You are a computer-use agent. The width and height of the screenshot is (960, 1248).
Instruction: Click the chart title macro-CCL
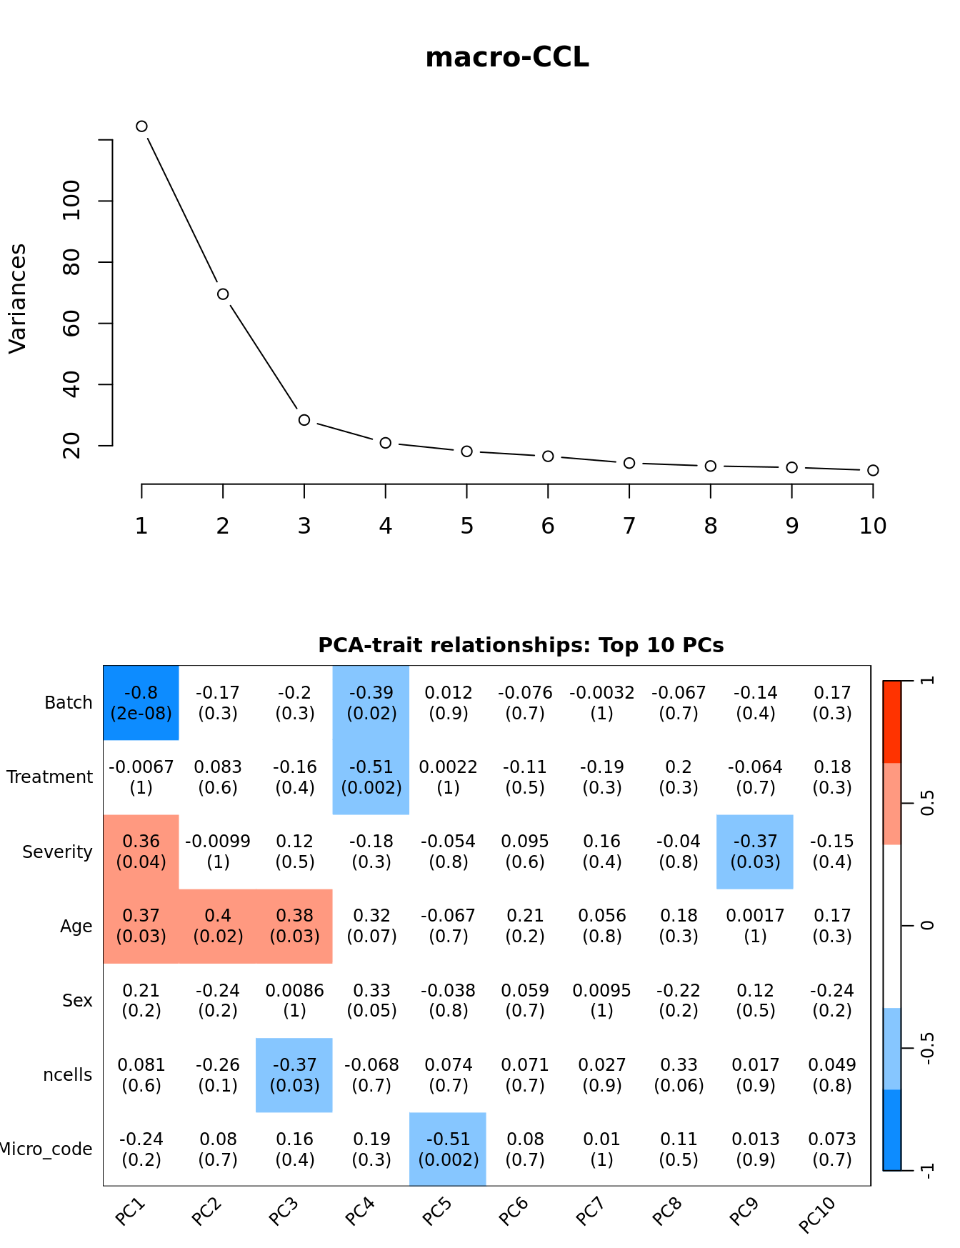tap(507, 58)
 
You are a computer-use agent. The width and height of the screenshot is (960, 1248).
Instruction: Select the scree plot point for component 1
tap(141, 126)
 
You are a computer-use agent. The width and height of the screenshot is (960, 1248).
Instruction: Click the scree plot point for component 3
tap(304, 420)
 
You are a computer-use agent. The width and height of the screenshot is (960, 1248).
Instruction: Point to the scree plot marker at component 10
tap(873, 470)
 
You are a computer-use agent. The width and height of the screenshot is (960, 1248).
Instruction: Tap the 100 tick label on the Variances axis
tap(72, 201)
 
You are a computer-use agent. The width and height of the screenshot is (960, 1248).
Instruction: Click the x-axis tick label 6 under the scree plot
tap(548, 526)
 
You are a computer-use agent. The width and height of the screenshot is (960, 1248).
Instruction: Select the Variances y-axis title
tap(18, 298)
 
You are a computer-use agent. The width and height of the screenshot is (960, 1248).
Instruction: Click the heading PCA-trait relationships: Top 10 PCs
tap(521, 646)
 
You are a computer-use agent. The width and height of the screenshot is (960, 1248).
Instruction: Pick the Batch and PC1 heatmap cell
tap(141, 703)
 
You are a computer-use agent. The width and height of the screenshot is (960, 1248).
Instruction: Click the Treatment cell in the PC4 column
tap(371, 777)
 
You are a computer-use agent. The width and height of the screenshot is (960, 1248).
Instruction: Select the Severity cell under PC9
tap(755, 852)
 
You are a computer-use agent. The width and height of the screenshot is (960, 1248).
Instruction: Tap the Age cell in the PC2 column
tap(218, 926)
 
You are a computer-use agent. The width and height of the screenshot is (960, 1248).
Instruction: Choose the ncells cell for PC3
tap(294, 1075)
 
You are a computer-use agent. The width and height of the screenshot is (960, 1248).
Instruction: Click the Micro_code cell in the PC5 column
tap(448, 1149)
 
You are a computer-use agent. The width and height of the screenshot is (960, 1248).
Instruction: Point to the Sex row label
tap(77, 1001)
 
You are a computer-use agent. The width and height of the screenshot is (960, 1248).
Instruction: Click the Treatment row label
tap(50, 777)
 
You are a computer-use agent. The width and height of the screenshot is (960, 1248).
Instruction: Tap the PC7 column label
tap(590, 1212)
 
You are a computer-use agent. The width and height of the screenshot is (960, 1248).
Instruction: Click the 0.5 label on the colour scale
tap(927, 804)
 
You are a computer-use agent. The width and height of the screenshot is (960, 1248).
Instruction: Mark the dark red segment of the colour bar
tap(892, 722)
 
